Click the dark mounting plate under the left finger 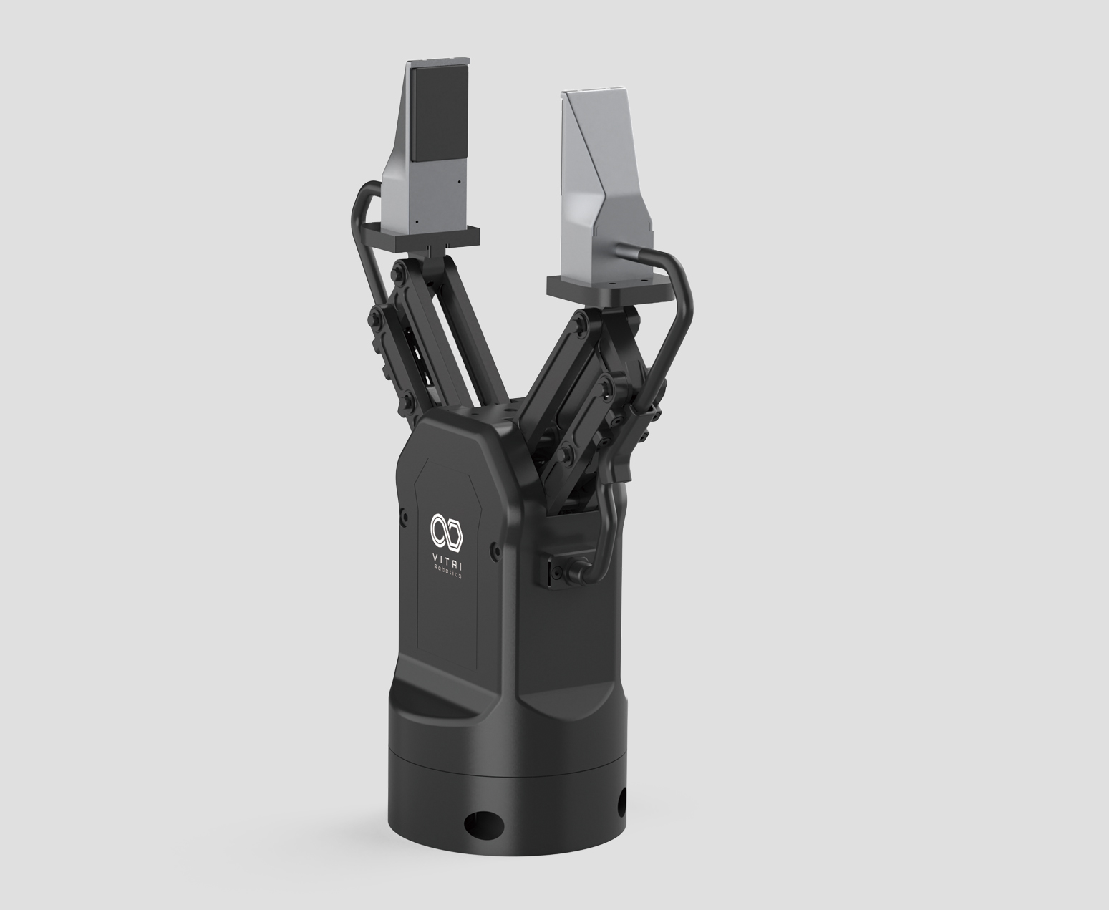(425, 237)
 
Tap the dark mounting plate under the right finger (611, 289)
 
